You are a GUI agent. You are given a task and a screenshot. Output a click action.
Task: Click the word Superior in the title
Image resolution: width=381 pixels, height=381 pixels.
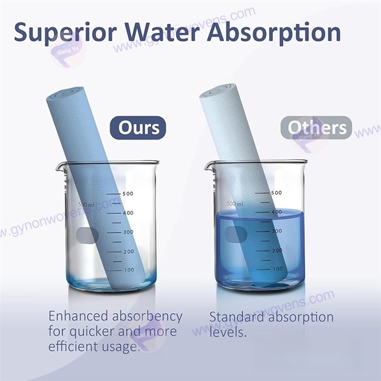65,32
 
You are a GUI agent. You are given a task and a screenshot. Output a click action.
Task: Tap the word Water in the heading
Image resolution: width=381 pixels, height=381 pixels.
162,32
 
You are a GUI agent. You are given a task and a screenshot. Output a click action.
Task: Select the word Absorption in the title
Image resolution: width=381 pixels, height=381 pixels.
274,32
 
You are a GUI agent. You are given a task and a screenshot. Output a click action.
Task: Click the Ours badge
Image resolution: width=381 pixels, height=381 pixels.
138,128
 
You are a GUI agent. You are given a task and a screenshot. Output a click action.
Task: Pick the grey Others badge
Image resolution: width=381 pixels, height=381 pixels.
316,127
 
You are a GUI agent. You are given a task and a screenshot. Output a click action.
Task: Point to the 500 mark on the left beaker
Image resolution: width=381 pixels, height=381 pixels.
128,194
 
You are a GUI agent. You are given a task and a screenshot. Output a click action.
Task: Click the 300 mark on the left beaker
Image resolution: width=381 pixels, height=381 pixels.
128,232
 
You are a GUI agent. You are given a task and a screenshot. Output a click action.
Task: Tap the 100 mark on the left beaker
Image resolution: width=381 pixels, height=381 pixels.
129,270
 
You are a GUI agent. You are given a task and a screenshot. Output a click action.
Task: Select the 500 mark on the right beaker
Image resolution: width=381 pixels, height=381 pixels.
276,193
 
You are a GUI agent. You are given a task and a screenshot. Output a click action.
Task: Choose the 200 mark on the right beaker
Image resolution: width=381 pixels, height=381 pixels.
277,251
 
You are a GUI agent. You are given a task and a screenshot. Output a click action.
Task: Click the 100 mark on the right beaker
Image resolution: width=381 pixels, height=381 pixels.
278,269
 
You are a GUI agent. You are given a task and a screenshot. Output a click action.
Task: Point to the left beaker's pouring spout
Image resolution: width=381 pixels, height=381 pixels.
59,166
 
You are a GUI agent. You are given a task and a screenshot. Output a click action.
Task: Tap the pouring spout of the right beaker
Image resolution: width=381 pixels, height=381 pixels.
208,166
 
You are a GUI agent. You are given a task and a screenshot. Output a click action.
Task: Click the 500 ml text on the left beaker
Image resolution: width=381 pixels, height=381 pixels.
86,205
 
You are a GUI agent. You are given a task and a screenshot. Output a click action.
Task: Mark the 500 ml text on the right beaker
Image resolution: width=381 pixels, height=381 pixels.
235,204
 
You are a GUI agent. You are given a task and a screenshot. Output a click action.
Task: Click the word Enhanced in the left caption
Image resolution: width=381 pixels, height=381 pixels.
78,316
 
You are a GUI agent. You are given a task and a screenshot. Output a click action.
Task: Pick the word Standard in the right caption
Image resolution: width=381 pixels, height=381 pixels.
236,317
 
